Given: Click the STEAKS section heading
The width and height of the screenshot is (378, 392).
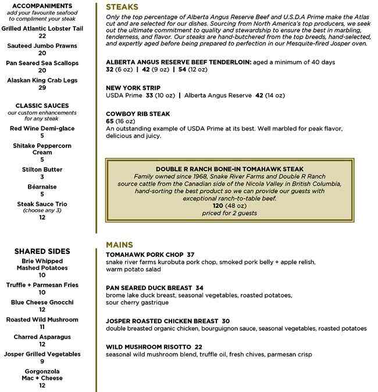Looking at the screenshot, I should (x=122, y=7).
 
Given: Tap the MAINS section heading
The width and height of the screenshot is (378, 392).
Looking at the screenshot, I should (x=120, y=245).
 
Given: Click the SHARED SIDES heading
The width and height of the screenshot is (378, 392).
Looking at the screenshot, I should (x=42, y=251).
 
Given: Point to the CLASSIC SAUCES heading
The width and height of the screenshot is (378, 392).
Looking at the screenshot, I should (x=42, y=105).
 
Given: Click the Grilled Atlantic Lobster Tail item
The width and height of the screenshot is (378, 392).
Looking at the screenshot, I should (x=42, y=28).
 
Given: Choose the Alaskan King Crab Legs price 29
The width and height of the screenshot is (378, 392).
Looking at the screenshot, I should (x=42, y=87).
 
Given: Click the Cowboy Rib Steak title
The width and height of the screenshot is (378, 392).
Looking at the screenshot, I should (x=138, y=114).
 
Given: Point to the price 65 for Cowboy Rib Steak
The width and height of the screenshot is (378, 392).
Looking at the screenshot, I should (x=110, y=121).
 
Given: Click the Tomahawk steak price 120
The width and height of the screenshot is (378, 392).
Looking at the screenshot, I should (x=217, y=206).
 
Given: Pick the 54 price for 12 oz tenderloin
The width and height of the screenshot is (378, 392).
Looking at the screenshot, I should (x=182, y=69).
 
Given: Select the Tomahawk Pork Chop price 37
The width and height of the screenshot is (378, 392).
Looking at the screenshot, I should (x=190, y=255).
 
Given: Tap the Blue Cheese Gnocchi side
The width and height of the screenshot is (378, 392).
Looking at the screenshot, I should (x=42, y=302).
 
